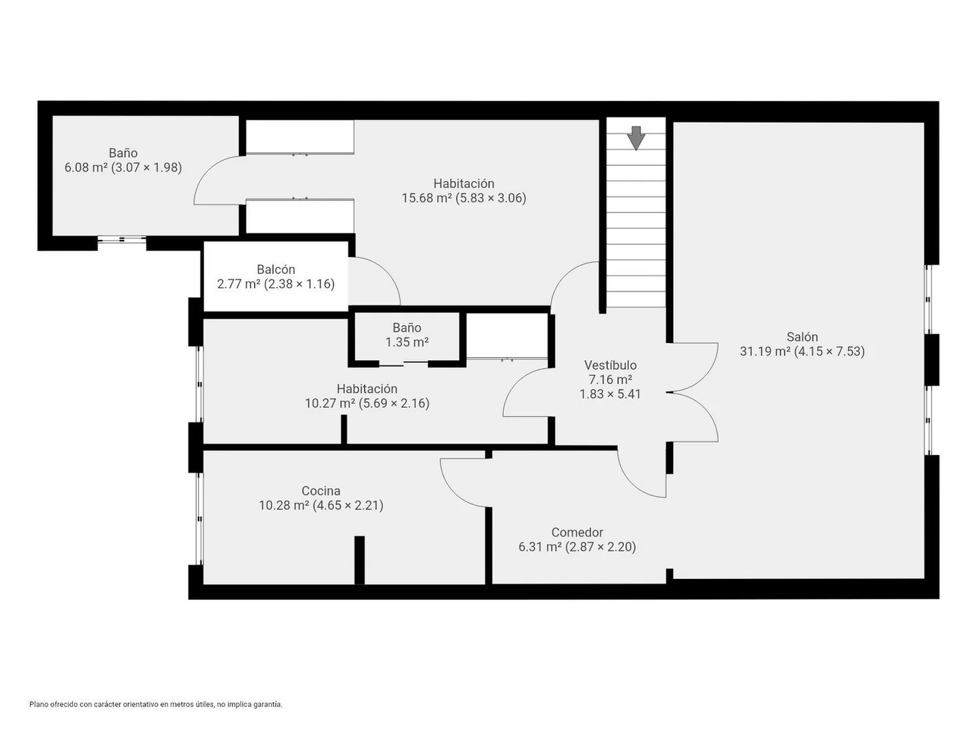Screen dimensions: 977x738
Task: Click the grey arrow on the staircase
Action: (x=636, y=138)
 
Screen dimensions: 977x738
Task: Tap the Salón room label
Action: (x=802, y=337)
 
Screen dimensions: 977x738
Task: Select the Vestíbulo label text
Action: (x=610, y=365)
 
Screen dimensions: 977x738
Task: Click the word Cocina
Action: (x=321, y=491)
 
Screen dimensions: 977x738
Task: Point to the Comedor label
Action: (x=578, y=532)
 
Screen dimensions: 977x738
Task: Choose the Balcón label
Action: (x=276, y=269)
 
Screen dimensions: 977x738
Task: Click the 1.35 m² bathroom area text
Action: (x=407, y=342)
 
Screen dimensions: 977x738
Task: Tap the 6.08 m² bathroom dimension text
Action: (x=124, y=167)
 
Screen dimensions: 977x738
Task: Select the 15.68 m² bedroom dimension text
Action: (x=464, y=197)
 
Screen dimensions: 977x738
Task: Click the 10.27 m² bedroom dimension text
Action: (x=367, y=404)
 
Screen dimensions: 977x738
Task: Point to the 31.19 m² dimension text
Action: (x=802, y=351)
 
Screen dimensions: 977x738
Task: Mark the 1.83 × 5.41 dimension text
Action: (x=610, y=394)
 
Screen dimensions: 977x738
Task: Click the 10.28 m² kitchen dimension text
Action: (x=321, y=506)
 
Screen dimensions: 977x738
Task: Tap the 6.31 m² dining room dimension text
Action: (x=578, y=547)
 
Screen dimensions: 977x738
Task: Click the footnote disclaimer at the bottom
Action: (x=156, y=705)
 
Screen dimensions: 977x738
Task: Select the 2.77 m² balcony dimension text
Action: (x=276, y=284)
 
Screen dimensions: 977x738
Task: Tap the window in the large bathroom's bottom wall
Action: (x=122, y=240)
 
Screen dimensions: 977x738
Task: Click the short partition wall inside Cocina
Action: (x=359, y=560)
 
